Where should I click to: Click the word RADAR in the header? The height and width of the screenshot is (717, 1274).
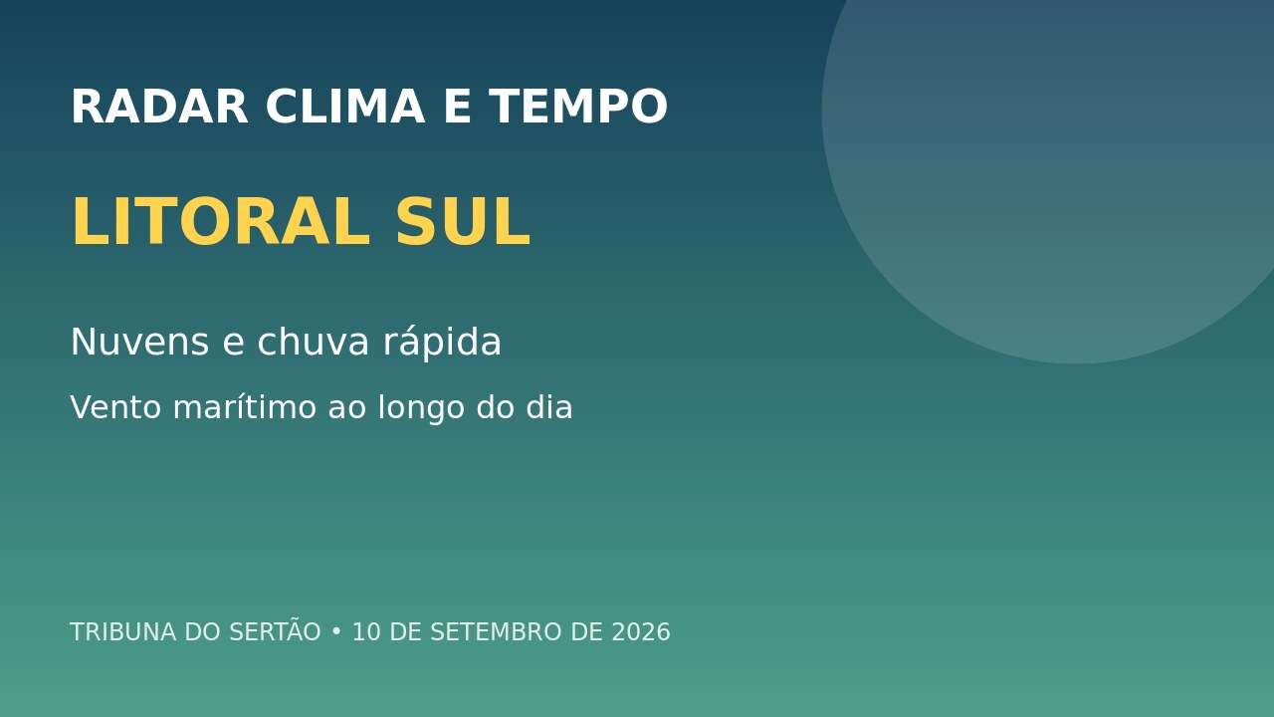click(x=160, y=107)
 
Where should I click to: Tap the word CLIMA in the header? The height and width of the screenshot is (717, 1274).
click(x=345, y=107)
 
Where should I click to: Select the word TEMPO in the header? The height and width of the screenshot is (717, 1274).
click(x=578, y=107)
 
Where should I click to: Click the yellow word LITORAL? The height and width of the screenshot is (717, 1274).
click(x=221, y=221)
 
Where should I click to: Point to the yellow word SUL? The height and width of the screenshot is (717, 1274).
click(x=463, y=221)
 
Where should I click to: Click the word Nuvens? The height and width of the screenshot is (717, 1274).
click(x=140, y=342)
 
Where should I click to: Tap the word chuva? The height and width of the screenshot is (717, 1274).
click(x=314, y=341)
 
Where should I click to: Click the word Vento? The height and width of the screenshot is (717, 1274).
click(x=116, y=408)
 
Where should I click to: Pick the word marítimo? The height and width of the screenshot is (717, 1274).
click(x=245, y=407)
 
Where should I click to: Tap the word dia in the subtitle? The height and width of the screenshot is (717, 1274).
click(x=548, y=407)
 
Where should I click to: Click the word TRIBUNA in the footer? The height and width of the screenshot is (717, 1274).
click(x=122, y=632)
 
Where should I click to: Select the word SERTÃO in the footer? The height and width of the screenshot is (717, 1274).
click(x=275, y=630)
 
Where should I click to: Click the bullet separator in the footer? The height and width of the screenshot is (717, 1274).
click(x=336, y=632)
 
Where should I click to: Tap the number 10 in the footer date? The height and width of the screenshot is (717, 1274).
click(x=366, y=632)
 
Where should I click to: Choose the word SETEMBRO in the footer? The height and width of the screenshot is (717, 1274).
click(x=496, y=632)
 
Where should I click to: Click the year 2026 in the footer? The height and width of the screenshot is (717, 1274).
click(x=641, y=632)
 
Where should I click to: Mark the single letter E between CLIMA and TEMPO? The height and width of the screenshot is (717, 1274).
click(x=457, y=107)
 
